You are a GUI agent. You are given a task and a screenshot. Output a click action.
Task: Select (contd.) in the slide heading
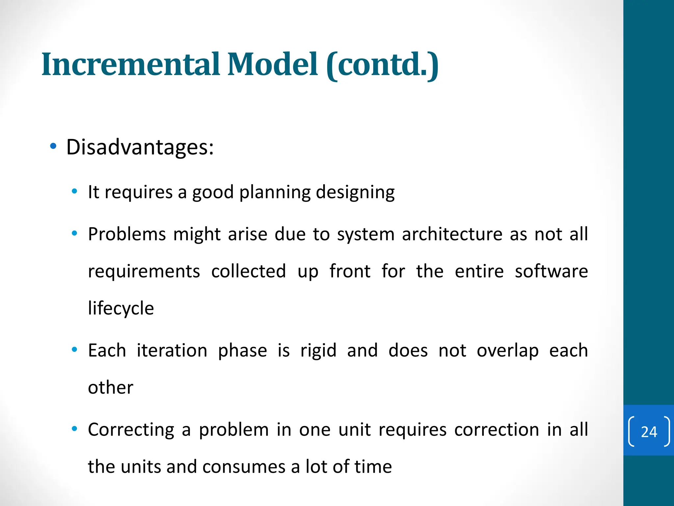click(x=382, y=65)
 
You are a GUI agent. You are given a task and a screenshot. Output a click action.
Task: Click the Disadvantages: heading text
click(x=140, y=147)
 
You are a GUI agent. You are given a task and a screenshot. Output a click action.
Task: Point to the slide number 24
click(x=649, y=432)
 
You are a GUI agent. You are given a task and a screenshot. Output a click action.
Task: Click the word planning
click(x=275, y=193)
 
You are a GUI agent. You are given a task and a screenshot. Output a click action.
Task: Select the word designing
click(x=355, y=193)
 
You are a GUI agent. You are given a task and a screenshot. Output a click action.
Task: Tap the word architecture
click(x=452, y=234)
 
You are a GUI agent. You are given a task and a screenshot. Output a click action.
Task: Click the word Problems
click(x=127, y=234)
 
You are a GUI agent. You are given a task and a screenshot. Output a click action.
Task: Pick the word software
click(x=551, y=271)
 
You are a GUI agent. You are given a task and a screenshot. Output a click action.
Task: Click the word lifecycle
click(x=121, y=309)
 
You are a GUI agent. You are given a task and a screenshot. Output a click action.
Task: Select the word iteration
click(x=172, y=350)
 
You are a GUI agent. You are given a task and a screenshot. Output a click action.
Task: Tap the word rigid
click(x=318, y=351)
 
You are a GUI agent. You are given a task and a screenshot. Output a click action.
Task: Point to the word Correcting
click(x=131, y=430)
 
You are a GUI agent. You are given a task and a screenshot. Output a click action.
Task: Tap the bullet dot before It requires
click(x=75, y=191)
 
